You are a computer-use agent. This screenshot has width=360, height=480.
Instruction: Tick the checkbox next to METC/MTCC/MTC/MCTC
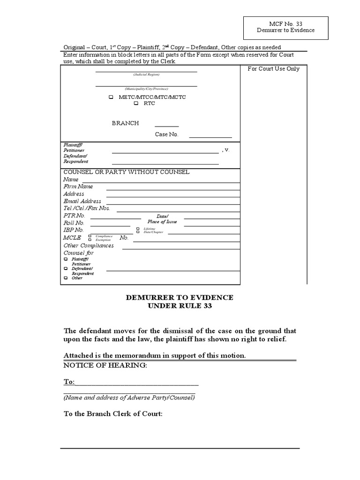pos(111,97)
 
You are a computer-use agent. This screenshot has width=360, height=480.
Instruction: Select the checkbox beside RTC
pos(136,104)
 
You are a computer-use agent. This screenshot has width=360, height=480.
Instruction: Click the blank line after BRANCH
pos(166,126)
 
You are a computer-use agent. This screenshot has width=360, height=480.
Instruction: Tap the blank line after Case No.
pos(210,136)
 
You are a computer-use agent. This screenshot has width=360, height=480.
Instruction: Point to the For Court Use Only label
pos(273,69)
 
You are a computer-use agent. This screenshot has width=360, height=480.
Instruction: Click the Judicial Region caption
pos(146,75)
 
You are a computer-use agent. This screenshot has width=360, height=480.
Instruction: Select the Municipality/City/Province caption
pos(146,89)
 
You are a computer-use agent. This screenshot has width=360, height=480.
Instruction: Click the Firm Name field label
pos(78,187)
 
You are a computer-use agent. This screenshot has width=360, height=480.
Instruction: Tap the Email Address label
pos(82,201)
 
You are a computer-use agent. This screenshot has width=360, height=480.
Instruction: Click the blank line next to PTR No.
pos(115,218)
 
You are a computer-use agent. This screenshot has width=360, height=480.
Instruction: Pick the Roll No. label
pos(74,223)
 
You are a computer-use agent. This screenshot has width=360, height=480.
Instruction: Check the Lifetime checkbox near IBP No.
pos(138,228)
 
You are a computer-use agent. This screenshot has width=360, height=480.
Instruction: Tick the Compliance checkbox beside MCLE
pos(90,236)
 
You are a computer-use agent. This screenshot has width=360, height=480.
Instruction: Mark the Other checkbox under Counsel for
pos(66,278)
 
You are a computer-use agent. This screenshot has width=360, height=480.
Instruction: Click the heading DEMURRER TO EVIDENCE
pos(180,298)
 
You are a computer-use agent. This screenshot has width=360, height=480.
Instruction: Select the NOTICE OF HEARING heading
pos(105,365)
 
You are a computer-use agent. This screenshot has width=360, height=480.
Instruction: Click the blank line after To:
pos(136,384)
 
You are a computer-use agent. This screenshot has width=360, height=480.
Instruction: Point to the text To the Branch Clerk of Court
pos(113,414)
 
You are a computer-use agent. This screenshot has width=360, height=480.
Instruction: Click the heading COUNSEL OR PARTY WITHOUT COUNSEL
pos(127,172)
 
